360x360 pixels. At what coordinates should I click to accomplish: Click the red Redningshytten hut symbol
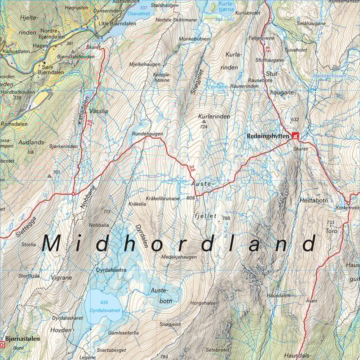(295, 135)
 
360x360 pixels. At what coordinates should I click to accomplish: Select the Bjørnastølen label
(22, 338)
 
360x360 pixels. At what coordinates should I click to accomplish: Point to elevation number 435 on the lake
(103, 303)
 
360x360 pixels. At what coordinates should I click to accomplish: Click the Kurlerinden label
(214, 116)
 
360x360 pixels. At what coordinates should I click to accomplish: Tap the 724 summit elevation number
(203, 127)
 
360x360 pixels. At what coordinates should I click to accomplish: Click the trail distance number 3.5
(192, 169)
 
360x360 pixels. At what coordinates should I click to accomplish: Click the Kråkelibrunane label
(163, 198)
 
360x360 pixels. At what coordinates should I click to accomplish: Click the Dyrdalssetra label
(110, 270)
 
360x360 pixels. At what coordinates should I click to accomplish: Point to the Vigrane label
(61, 277)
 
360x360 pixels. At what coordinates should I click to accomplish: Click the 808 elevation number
(190, 198)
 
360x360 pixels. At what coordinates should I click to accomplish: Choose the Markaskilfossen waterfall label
(329, 75)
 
